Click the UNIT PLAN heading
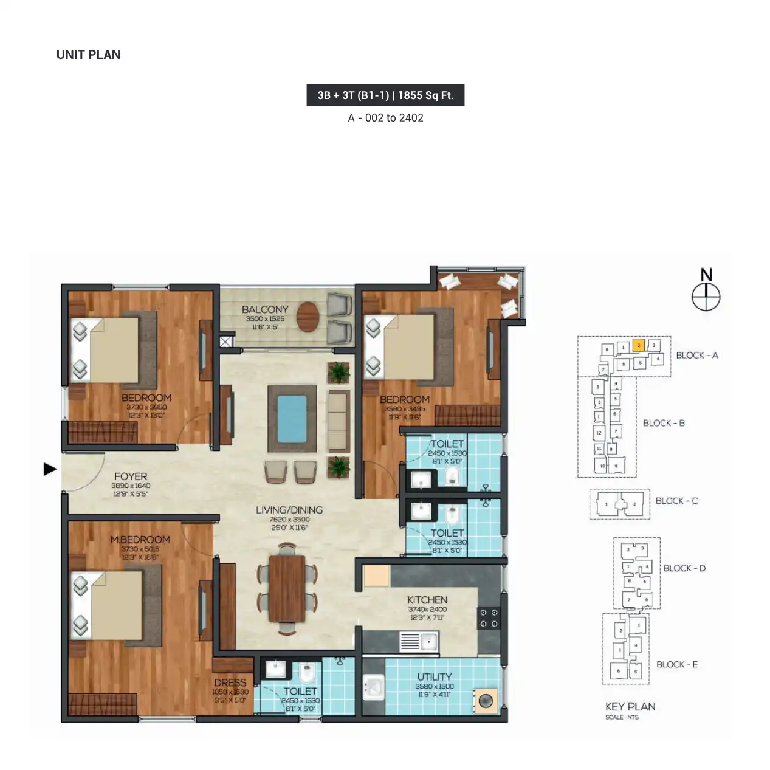88,55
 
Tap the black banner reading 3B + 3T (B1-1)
385,95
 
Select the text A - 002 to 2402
385,118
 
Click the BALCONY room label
265,309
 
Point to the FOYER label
131,476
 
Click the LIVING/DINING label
289,510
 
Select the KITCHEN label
427,600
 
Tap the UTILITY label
434,676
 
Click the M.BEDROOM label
140,540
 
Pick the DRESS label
230,682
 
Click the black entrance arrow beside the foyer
50,469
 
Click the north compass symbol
706,297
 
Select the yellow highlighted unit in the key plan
638,345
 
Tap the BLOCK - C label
676,501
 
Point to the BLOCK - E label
677,664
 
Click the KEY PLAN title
630,706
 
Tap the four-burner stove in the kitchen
489,618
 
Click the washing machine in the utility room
486,701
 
